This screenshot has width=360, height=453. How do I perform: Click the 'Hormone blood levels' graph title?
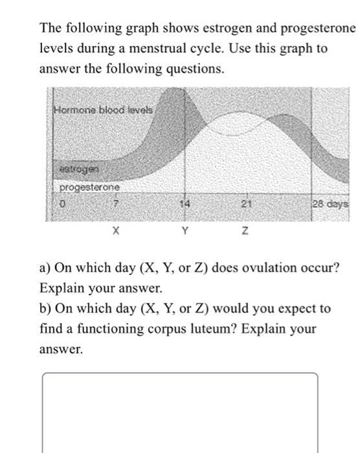[104, 109]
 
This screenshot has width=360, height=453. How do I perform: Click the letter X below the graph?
[115, 230]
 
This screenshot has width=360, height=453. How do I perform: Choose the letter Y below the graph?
[185, 230]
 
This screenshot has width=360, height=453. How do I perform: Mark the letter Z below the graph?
[245, 230]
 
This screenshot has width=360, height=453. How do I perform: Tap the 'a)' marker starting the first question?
[46, 267]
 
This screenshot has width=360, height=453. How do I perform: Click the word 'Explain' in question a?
[60, 287]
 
